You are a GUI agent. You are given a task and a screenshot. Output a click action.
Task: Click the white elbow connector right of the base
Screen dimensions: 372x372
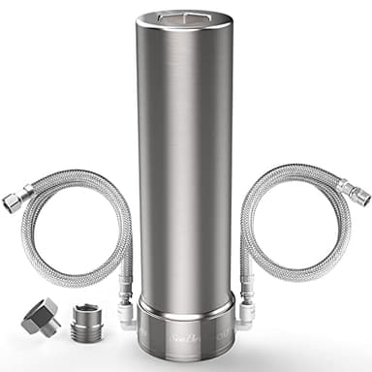[x=247, y=313]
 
